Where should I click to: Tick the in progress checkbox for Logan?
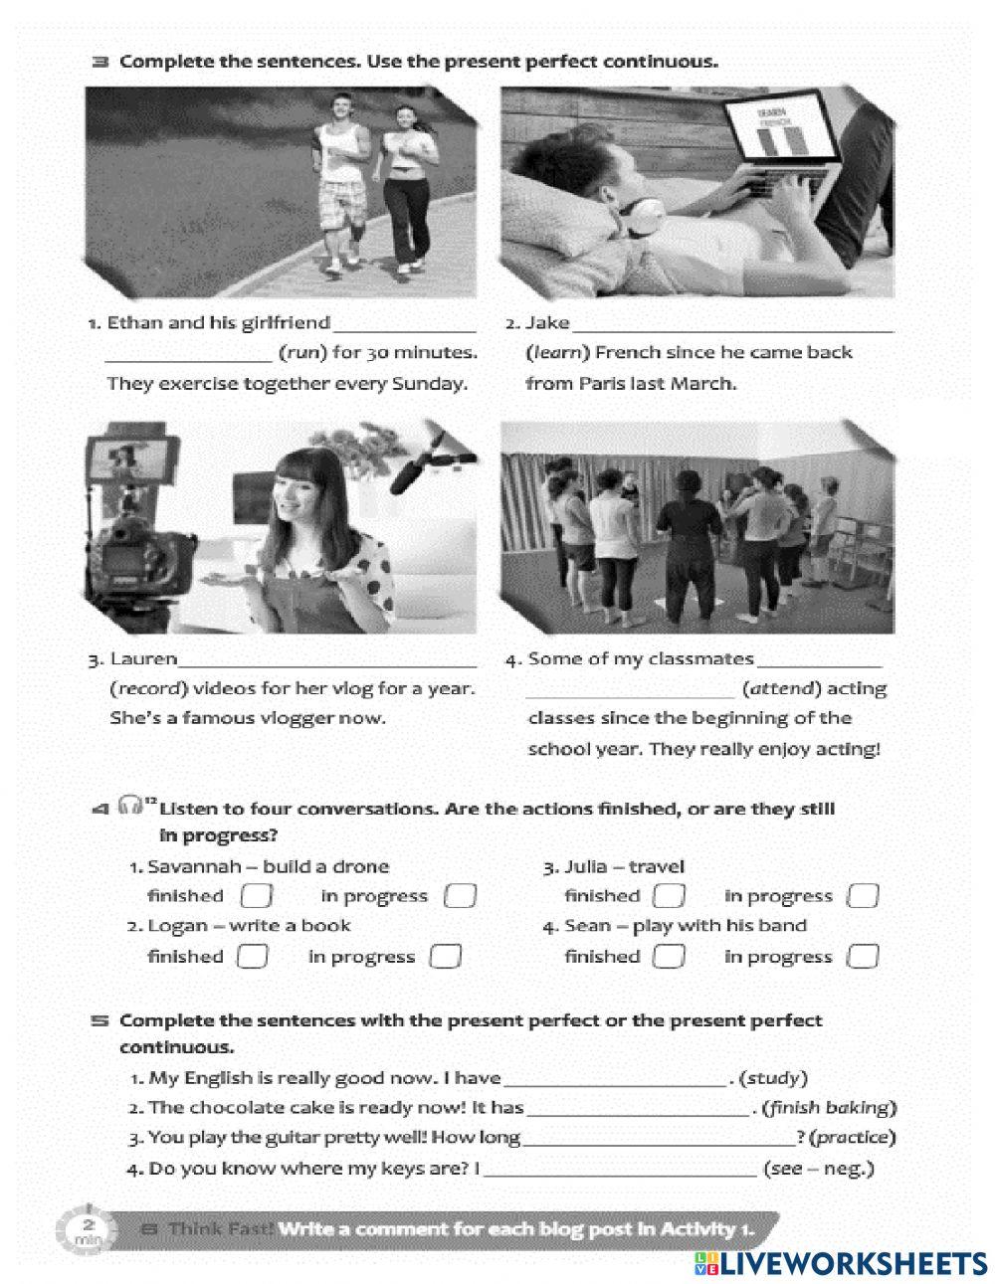[445, 957]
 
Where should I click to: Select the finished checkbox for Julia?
[669, 896]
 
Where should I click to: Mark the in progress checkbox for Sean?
[863, 957]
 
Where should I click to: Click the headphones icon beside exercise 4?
[130, 805]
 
